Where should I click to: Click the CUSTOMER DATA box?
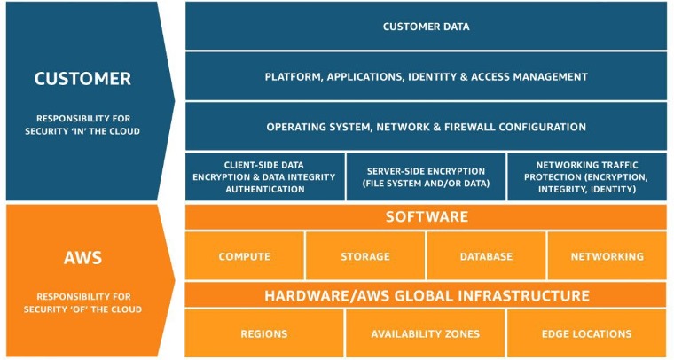click(x=426, y=26)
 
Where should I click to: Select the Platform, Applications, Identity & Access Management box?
click(x=426, y=76)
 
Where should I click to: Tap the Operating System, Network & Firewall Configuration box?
click(x=426, y=127)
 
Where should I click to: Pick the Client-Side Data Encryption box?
click(x=265, y=176)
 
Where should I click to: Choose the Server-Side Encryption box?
click(x=426, y=176)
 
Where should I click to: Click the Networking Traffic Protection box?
click(x=587, y=176)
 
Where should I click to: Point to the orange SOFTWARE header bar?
click(x=426, y=216)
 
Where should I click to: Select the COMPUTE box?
click(x=245, y=256)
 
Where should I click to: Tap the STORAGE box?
click(x=365, y=256)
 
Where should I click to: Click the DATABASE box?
click(x=486, y=256)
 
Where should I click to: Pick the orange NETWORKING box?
click(x=607, y=256)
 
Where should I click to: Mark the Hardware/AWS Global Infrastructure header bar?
click(x=426, y=295)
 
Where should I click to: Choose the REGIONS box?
click(x=264, y=333)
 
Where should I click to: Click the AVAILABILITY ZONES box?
click(x=426, y=333)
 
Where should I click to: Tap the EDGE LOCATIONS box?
click(x=587, y=333)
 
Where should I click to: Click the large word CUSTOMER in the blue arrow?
click(x=82, y=79)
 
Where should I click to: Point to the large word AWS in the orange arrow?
click(x=82, y=258)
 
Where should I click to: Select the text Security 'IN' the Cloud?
click(x=82, y=131)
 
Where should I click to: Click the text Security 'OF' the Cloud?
click(x=82, y=309)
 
